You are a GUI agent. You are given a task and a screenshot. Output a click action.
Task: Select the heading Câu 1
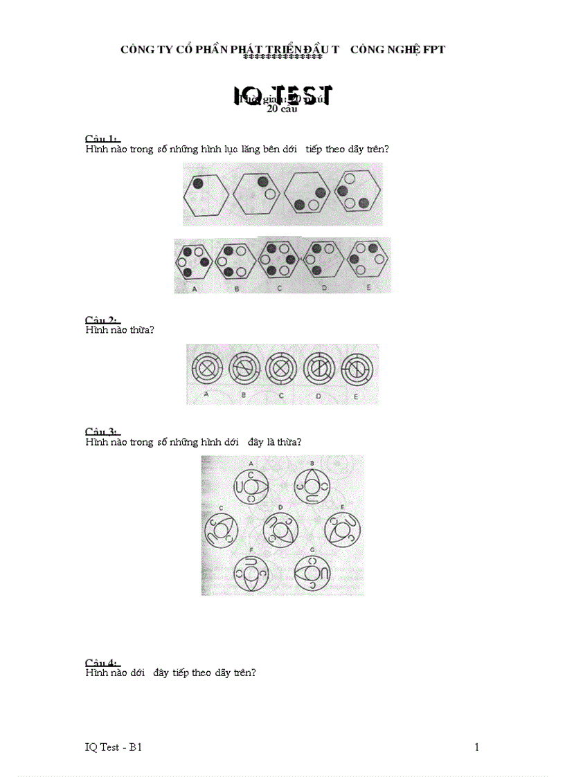point(101,139)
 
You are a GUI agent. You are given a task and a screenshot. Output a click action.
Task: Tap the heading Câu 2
point(101,320)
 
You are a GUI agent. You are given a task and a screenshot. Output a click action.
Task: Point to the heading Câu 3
point(101,431)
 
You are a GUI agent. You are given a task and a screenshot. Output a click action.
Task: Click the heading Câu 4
point(101,662)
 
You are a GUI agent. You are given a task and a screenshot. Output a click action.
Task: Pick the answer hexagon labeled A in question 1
point(195,261)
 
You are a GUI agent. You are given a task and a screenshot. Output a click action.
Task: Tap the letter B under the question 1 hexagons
point(237,289)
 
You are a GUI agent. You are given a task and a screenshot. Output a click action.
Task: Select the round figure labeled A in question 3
point(250,487)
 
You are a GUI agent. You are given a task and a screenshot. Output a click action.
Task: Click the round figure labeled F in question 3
point(250,574)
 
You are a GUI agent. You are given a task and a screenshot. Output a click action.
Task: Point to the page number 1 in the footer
point(477,747)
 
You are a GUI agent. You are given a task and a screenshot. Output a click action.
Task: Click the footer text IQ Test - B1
point(114,747)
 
